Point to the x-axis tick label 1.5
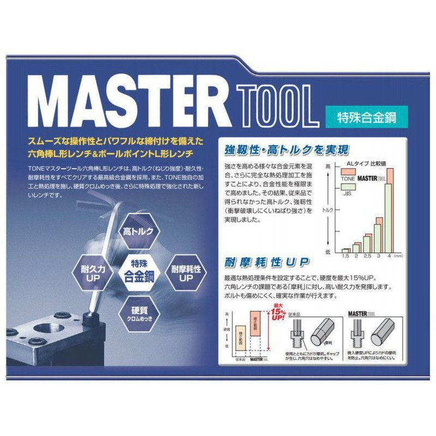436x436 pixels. pos(345,256)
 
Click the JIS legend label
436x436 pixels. pos(347,193)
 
